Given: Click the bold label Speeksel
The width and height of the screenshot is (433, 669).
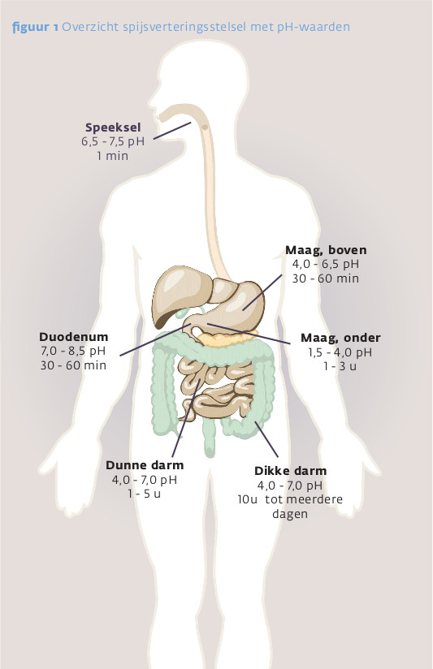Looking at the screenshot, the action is click(113, 127).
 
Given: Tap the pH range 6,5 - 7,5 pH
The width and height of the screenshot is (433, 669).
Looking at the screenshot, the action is click(113, 141).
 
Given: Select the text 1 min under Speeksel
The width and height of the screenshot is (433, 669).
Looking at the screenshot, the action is click(112, 156).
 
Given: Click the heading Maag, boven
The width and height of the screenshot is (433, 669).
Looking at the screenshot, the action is click(326, 250).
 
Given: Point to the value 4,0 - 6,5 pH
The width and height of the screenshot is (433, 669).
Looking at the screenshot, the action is click(326, 264).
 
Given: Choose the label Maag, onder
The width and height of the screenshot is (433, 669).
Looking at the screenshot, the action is click(340, 338).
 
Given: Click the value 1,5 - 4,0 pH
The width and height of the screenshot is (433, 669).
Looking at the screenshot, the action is click(340, 352).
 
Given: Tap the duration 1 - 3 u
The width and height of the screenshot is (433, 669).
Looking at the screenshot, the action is click(340, 366).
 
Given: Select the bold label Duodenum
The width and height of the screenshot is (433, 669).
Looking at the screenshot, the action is click(73, 337).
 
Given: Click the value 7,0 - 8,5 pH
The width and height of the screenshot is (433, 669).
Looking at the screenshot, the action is click(73, 351).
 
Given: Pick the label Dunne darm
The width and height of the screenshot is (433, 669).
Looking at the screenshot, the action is click(145, 465).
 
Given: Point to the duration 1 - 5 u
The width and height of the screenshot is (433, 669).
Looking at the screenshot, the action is click(145, 494).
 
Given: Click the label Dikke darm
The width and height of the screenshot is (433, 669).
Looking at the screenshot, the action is click(290, 471).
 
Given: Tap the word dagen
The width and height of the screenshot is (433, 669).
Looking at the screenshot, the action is click(290, 514).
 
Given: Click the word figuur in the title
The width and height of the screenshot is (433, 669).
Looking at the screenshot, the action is click(31, 28).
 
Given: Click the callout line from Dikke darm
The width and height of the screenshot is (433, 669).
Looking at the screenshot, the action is click(267, 439).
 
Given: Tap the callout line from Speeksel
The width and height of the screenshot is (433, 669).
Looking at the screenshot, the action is click(172, 131).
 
